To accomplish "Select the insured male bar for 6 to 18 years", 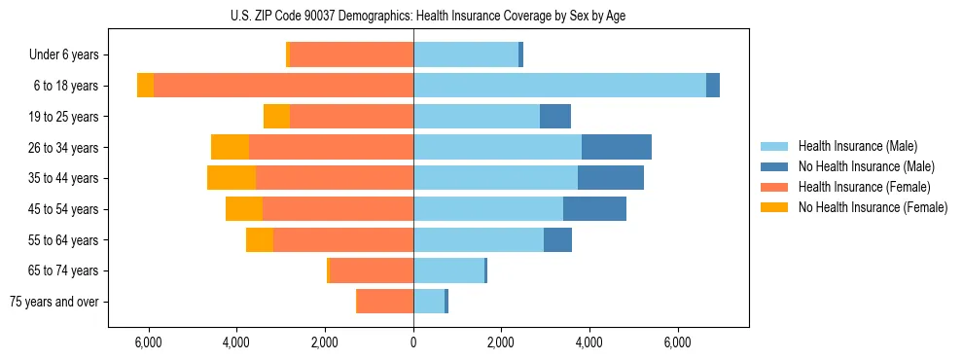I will pyautogui.click(x=559, y=86).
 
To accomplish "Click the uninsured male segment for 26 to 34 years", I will pyautogui.click(x=616, y=147).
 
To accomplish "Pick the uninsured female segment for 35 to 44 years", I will pyautogui.click(x=232, y=178).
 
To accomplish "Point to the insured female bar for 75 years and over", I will pyautogui.click(x=385, y=302).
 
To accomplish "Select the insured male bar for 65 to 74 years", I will pyautogui.click(x=448, y=270).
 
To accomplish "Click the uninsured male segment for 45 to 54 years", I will pyautogui.click(x=594, y=209).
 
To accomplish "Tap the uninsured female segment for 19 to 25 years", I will pyautogui.click(x=276, y=117).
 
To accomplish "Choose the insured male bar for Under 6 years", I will pyautogui.click(x=466, y=54).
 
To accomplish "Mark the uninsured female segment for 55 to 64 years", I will pyautogui.click(x=260, y=239).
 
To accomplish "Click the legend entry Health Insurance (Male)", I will pyautogui.click(x=857, y=146).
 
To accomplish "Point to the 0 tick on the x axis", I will pyautogui.click(x=413, y=342).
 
